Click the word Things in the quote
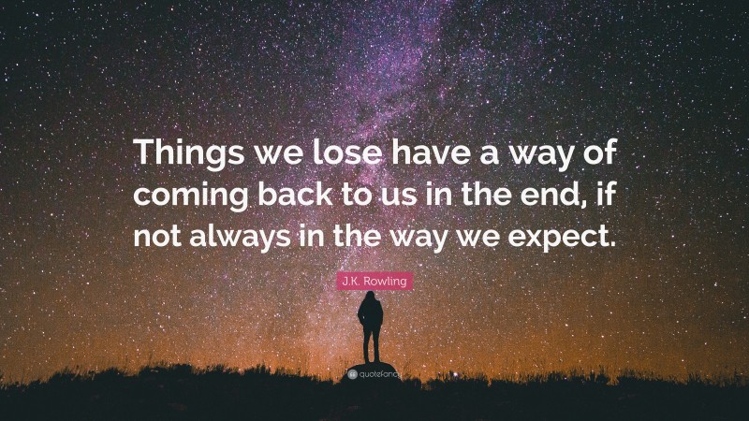[x=182, y=153]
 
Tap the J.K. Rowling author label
[x=374, y=279]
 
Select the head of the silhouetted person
[x=372, y=298]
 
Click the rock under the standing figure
[x=373, y=363]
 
